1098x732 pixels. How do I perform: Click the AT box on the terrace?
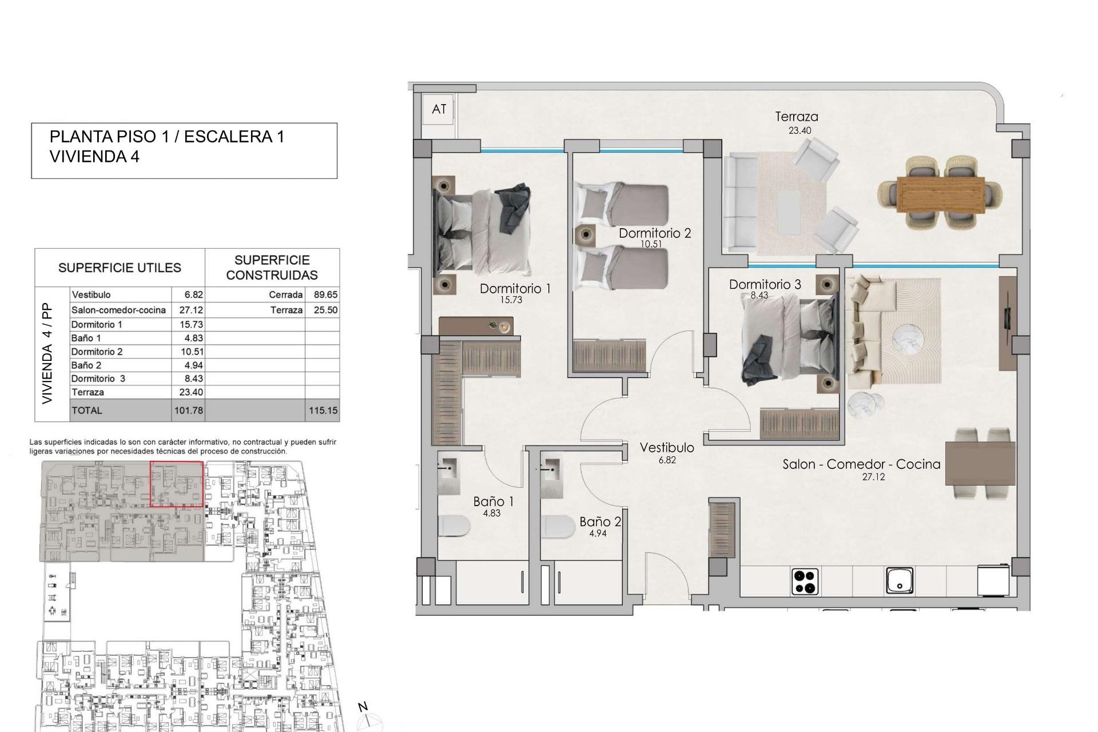click(439, 109)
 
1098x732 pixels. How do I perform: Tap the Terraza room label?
click(796, 117)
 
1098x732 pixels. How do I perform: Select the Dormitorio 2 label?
click(654, 233)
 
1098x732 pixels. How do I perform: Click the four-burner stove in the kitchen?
click(805, 582)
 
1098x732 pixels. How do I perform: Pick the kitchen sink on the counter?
click(899, 581)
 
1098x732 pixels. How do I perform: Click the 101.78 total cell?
click(188, 411)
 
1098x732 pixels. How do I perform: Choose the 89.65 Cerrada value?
click(325, 295)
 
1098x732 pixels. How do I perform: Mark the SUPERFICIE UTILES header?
click(120, 268)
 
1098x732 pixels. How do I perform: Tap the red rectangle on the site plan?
click(177, 484)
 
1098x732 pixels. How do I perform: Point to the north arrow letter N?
click(363, 707)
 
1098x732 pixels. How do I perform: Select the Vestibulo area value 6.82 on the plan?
click(667, 460)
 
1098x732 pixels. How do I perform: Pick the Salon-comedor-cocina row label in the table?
click(118, 310)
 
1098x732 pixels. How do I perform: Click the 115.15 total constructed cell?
click(323, 411)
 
